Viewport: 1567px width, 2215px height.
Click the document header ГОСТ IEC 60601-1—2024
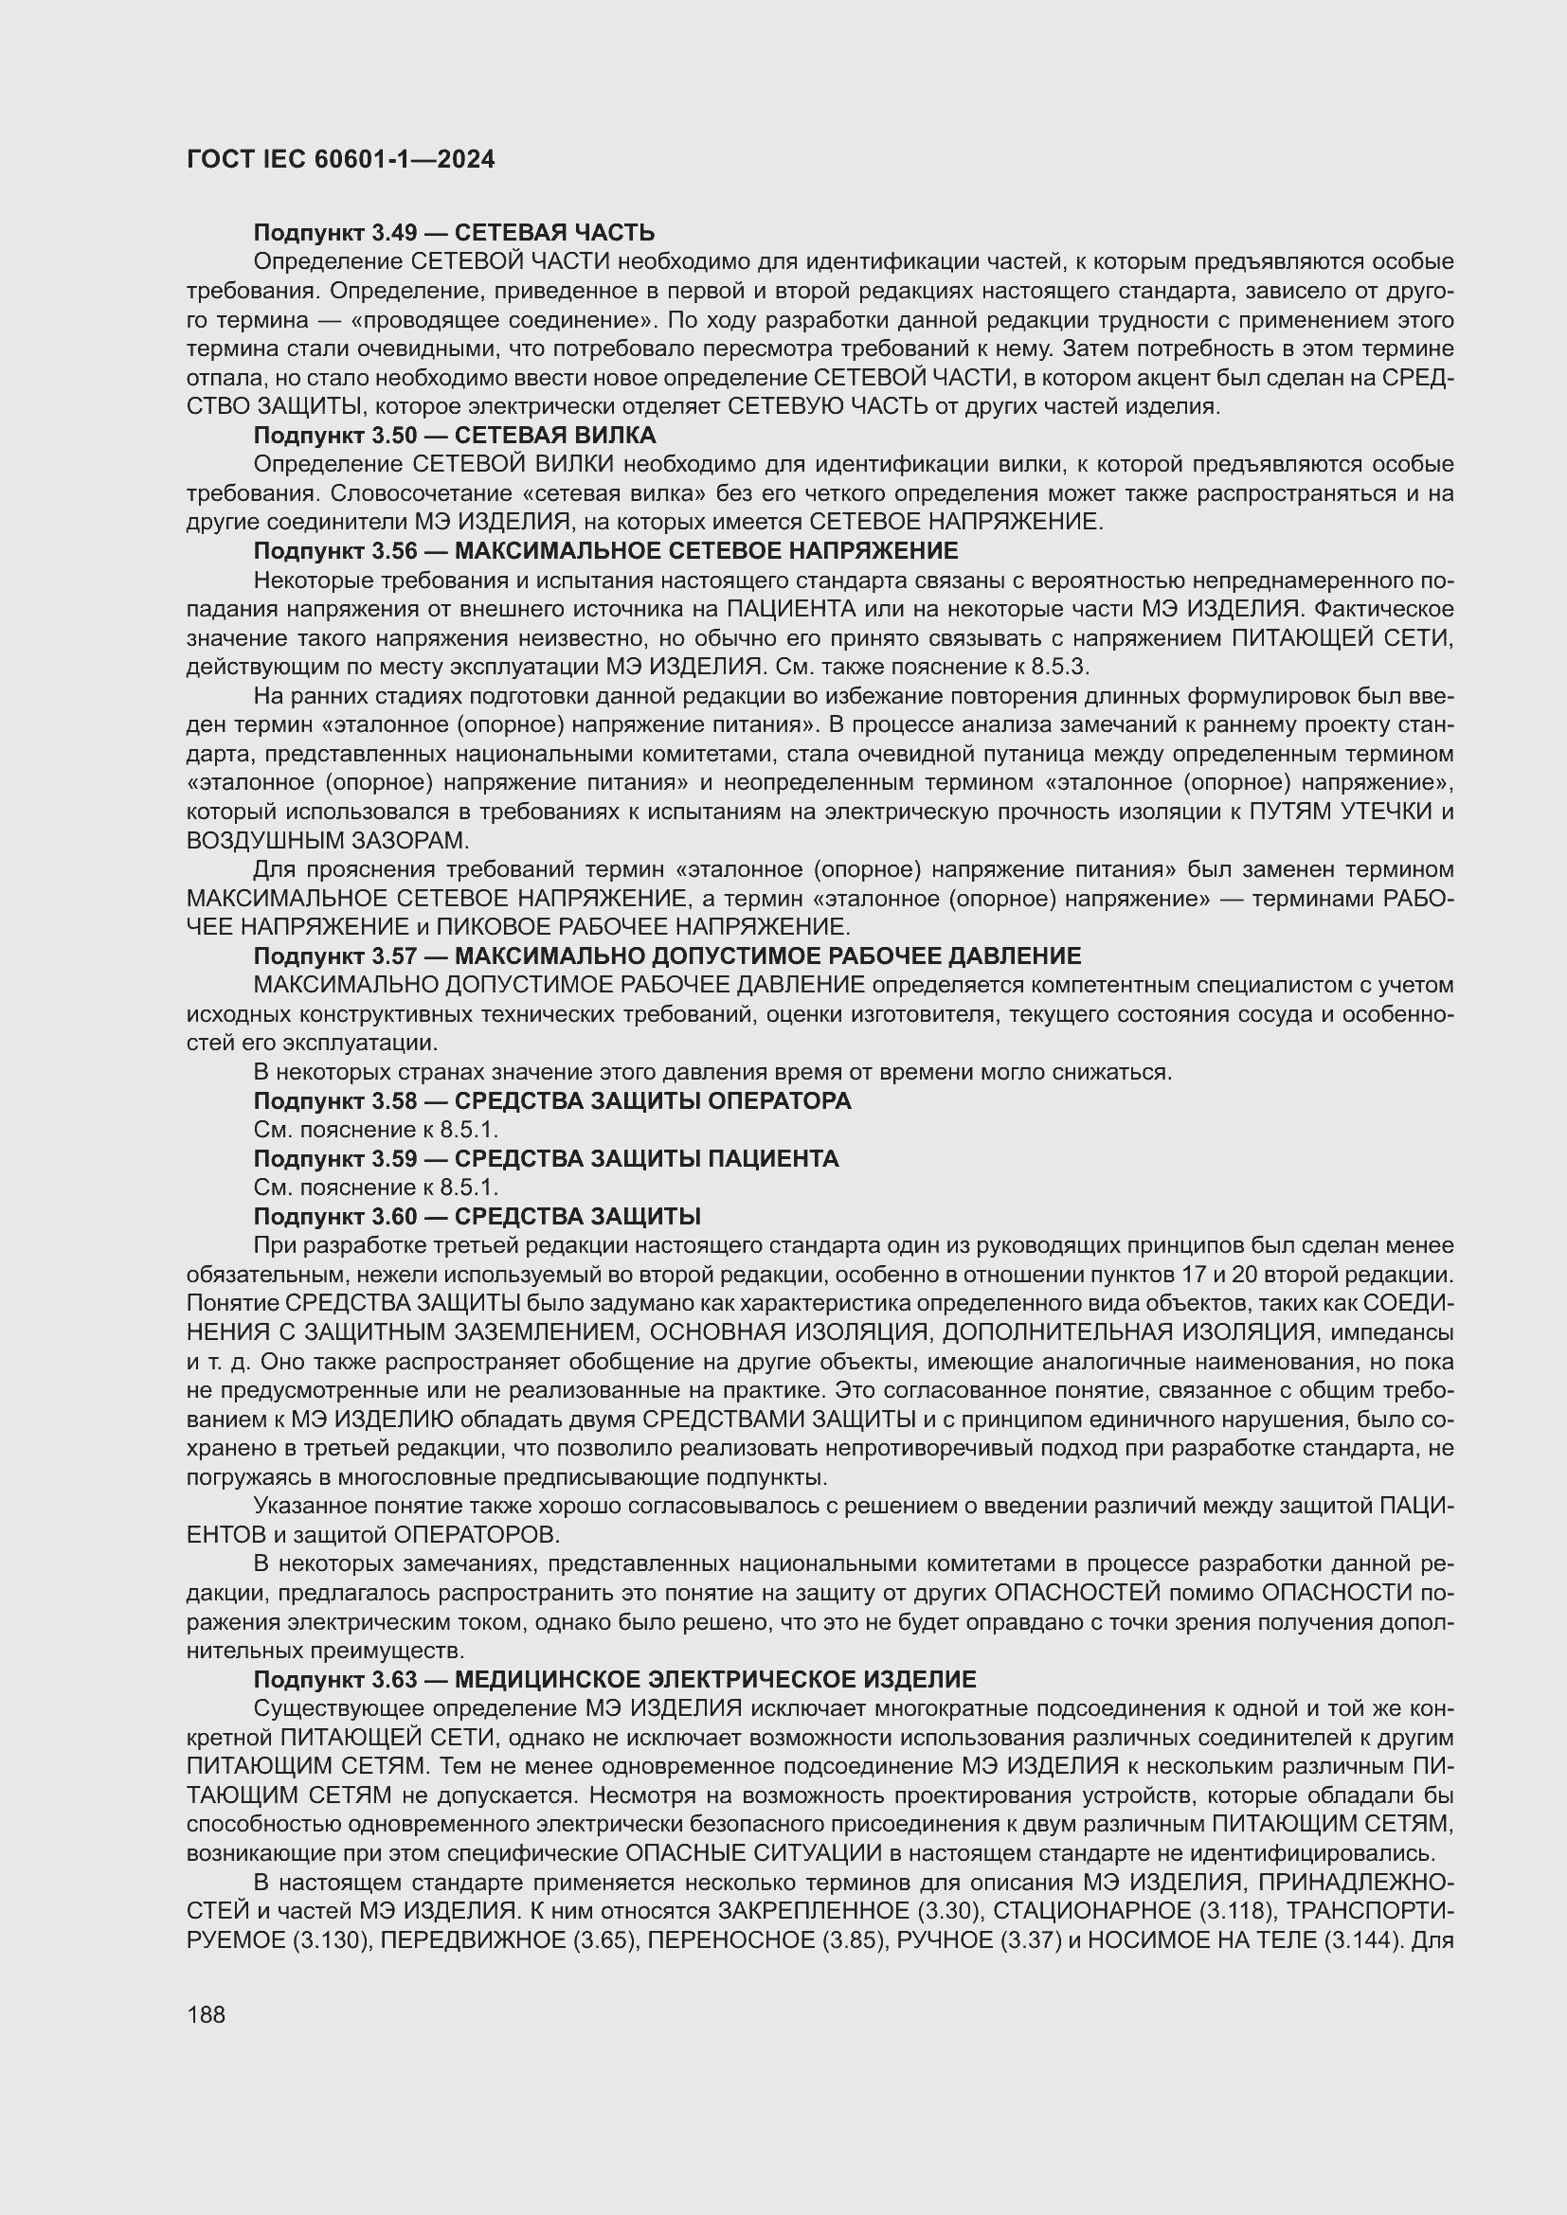[x=340, y=159]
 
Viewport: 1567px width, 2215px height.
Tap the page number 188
[x=206, y=2014]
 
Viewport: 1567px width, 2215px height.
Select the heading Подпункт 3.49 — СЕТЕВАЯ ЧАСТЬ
[x=454, y=233]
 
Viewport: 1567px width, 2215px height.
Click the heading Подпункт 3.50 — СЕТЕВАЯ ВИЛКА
[x=454, y=435]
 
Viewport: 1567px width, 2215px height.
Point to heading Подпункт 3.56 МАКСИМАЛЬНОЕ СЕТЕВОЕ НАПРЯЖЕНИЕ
[x=605, y=551]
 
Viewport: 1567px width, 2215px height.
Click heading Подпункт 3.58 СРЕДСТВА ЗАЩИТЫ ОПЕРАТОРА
[x=552, y=1100]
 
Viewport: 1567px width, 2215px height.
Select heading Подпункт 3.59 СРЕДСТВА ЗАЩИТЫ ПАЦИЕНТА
[x=546, y=1158]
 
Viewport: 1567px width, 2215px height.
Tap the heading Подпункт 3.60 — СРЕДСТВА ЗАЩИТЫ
[x=477, y=1217]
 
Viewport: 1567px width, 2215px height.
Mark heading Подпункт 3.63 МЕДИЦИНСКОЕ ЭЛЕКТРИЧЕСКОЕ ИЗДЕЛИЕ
[x=615, y=1680]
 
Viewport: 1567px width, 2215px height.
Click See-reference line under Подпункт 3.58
[x=375, y=1130]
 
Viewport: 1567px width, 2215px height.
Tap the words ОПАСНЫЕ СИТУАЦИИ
[x=752, y=1853]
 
